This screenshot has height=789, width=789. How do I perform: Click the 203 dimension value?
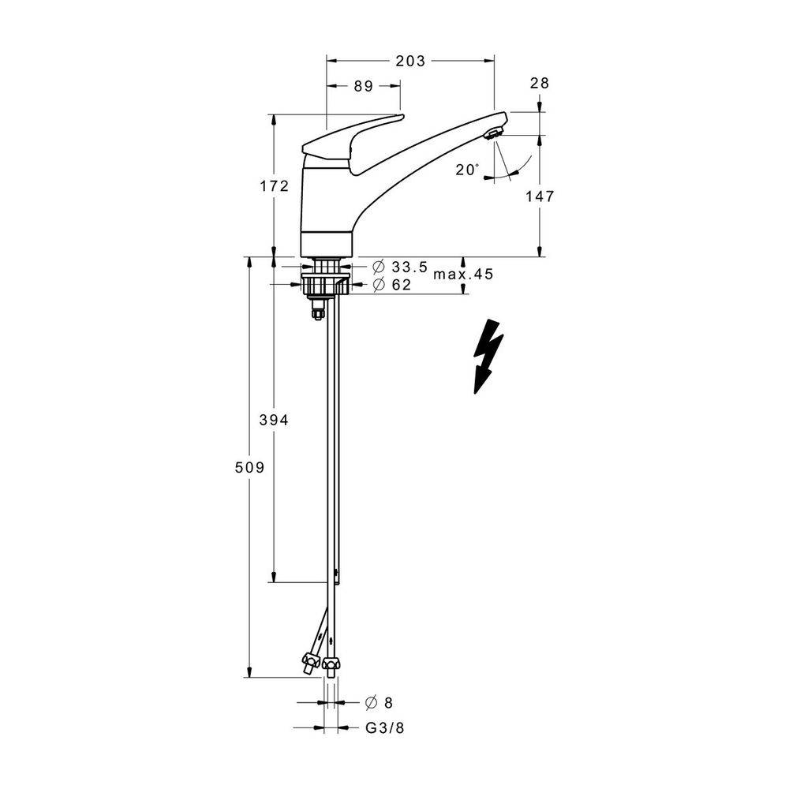[x=410, y=61]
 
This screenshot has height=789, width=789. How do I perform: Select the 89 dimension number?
[x=363, y=87]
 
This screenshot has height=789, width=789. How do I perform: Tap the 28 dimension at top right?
[x=540, y=83]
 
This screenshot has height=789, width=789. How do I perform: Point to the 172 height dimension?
[x=275, y=186]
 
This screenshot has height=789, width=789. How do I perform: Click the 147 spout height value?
[x=540, y=196]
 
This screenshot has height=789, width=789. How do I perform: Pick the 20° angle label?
[x=467, y=170]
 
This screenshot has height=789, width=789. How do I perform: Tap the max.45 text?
[x=463, y=275]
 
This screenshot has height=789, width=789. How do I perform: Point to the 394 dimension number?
[x=275, y=420]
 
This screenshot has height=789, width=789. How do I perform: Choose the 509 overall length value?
[x=249, y=468]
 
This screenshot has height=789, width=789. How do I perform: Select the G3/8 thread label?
[x=385, y=727]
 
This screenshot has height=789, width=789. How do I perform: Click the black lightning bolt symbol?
[x=488, y=357]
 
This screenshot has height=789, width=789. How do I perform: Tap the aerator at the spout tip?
[x=493, y=134]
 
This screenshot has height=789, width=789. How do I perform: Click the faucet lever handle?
[x=352, y=144]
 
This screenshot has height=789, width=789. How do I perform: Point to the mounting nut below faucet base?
[x=326, y=283]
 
